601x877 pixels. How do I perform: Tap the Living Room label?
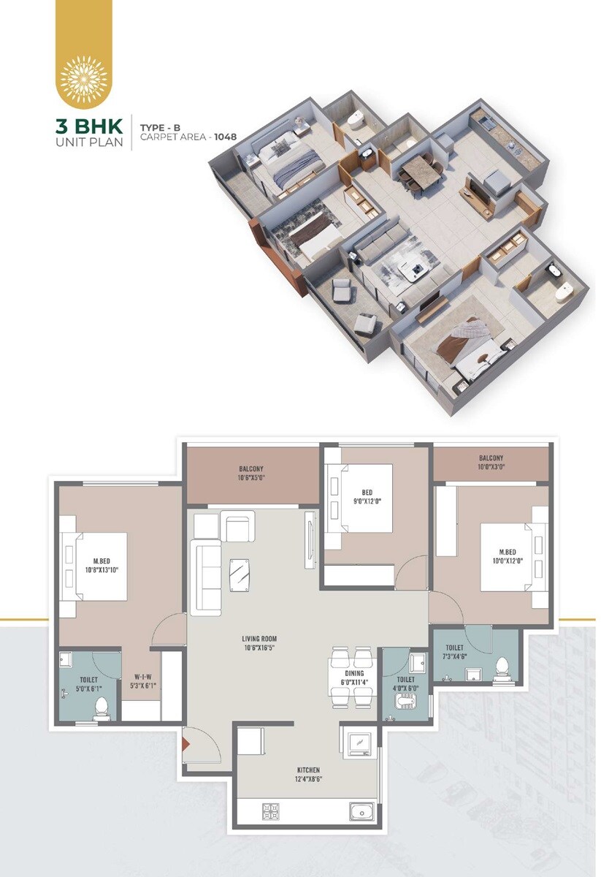(x=260, y=642)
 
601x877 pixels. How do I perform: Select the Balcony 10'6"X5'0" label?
(x=250, y=474)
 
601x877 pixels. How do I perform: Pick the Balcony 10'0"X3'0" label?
(x=491, y=463)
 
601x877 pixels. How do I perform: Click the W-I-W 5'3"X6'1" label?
(x=142, y=681)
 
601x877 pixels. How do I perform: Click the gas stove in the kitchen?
(x=270, y=811)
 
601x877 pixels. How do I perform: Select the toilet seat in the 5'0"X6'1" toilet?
(x=102, y=707)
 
